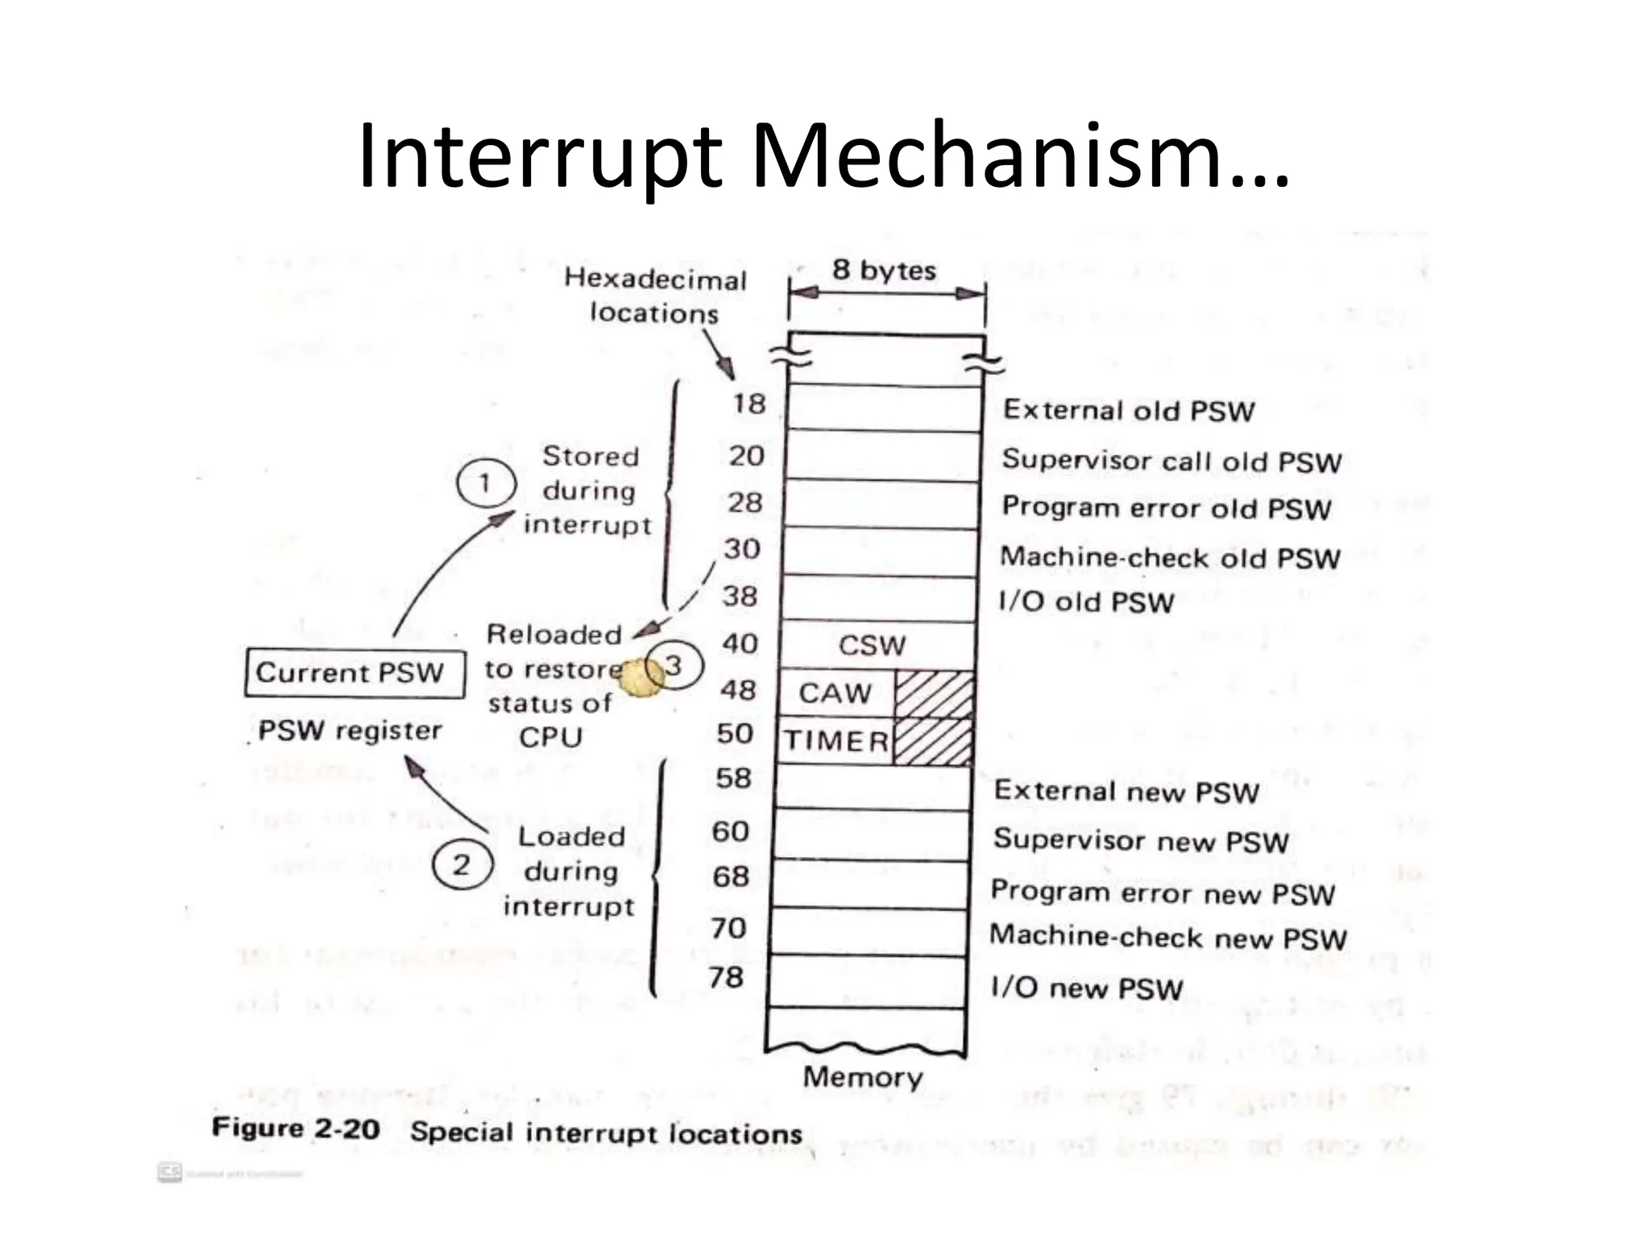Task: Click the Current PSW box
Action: click(354, 672)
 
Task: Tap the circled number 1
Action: click(485, 483)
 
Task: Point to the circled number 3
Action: click(675, 666)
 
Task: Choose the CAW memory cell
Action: click(835, 693)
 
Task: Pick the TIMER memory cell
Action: click(836, 740)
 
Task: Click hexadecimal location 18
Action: click(748, 403)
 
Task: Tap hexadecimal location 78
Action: click(726, 977)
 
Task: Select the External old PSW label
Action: click(1129, 411)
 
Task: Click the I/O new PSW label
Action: click(1087, 987)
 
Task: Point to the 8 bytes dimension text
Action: click(884, 270)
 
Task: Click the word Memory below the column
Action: click(863, 1077)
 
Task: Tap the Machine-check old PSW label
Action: click(1170, 557)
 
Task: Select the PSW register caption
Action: click(350, 730)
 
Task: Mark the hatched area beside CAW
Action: click(935, 694)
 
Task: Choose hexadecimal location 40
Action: click(740, 643)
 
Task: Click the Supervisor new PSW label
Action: click(1141, 841)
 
